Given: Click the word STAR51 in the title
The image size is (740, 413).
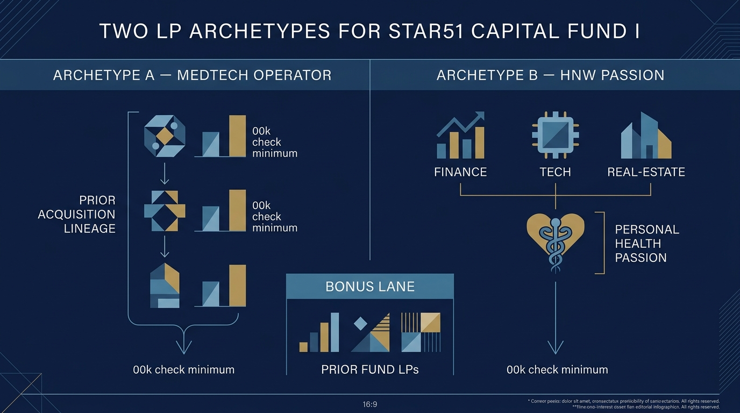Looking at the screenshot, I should click(424, 31).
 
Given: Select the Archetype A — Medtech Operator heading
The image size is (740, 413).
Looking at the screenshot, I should click(192, 75).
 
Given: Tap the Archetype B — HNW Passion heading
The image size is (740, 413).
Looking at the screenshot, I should click(550, 75).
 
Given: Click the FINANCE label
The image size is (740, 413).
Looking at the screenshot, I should click(460, 172).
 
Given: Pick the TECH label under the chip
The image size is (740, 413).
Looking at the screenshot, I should click(555, 172).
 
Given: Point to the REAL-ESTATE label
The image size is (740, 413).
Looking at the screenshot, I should click(646, 172).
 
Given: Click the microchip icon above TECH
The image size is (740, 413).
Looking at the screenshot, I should click(554, 135).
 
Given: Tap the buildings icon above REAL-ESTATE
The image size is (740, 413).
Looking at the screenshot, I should click(645, 136).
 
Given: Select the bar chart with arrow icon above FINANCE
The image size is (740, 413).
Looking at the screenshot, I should click(461, 136).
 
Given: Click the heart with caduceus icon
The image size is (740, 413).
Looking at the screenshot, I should click(555, 237).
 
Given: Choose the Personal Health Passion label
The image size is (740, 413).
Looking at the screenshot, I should click(646, 243).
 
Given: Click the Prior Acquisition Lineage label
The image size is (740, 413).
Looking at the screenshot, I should click(77, 214).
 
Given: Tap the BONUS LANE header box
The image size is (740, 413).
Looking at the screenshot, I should click(370, 286).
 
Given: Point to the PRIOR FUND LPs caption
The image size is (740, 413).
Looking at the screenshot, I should click(370, 369).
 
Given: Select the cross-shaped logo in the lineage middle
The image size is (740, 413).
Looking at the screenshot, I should click(165, 211).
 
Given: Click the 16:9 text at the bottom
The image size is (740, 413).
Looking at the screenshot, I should click(370, 404).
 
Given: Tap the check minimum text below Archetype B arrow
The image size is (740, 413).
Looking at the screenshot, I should click(557, 369).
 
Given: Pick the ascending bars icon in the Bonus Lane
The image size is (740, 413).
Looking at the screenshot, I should click(319, 332).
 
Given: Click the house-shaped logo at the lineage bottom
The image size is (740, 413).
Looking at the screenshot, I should click(165, 286).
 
